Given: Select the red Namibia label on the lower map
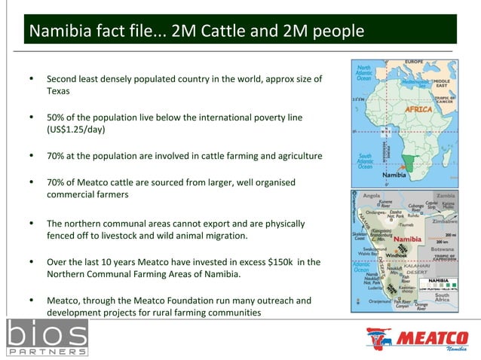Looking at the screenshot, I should pyautogui.click(x=408, y=239).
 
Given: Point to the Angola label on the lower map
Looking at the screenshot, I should pyautogui.click(x=372, y=196).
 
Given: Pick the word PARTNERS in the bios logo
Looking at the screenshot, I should pyautogui.click(x=46, y=351).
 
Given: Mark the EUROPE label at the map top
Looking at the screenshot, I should pyautogui.click(x=416, y=61).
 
